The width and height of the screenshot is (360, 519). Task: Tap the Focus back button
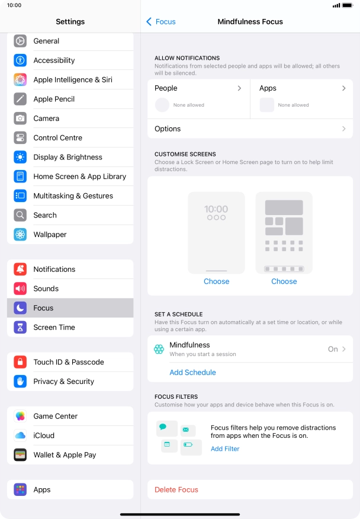click(161, 22)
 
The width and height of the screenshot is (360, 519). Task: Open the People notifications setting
click(198, 88)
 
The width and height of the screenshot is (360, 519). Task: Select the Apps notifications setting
click(302, 88)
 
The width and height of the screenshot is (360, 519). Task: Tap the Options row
click(250, 129)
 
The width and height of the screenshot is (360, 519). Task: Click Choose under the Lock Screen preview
click(216, 281)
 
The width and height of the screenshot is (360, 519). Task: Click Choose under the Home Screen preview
click(284, 281)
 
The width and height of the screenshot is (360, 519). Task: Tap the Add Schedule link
click(192, 373)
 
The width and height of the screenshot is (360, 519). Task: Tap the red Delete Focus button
click(176, 490)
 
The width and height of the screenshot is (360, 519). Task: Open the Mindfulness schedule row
click(250, 349)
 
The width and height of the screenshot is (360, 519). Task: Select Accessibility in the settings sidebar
click(54, 60)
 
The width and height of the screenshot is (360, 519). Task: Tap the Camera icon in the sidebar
click(21, 118)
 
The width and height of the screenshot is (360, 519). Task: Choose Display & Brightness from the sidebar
click(67, 157)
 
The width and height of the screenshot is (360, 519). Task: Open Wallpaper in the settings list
click(50, 235)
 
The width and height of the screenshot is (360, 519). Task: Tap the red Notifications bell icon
click(21, 270)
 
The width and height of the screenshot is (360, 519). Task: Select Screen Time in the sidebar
click(54, 327)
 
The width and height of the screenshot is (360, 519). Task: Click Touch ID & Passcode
click(68, 362)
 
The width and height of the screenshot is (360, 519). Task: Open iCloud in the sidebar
click(44, 435)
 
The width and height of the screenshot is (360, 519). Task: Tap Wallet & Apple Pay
click(65, 455)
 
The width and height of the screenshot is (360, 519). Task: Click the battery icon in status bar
click(348, 5)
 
